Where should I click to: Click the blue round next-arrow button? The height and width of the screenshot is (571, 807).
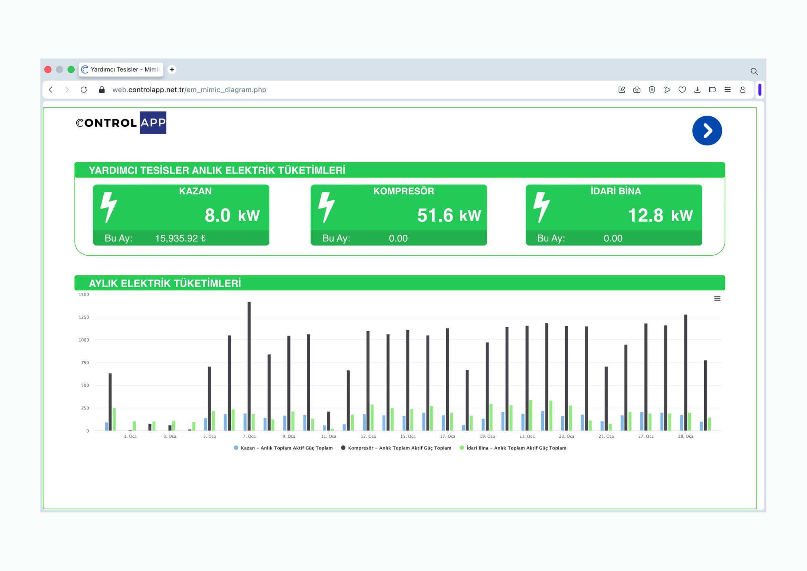pos(707,130)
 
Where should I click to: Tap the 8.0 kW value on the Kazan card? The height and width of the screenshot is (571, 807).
pos(232,215)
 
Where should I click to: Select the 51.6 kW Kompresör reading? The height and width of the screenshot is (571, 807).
pos(449,215)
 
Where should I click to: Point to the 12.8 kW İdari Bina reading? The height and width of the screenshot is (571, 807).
pos(660,215)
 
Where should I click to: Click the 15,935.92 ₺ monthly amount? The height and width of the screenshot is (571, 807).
pos(180,238)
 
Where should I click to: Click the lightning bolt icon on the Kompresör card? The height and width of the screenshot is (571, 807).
pos(326,207)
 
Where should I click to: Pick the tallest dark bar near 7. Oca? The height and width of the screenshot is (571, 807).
pos(249,366)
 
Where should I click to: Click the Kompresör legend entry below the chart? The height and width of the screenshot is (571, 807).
pos(396,448)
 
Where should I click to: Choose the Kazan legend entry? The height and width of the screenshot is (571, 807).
pos(283,448)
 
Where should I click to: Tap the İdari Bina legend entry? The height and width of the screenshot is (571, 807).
pos(513,448)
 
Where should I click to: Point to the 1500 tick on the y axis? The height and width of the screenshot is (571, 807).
pos(84,294)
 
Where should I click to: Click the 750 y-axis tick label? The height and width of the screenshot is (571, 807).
pos(85,363)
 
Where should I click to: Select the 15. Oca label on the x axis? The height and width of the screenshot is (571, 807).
pos(408,436)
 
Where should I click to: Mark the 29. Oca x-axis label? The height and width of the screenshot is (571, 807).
pos(686,436)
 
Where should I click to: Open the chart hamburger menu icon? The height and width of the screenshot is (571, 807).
pos(717,298)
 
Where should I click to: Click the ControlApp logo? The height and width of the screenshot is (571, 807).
pos(121,123)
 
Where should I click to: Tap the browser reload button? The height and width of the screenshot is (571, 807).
pos(84,90)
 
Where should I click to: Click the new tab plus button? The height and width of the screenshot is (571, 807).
pos(172,69)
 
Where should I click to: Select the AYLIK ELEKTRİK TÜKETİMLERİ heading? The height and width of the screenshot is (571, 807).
pos(165,283)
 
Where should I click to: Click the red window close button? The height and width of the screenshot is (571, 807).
pos(48,69)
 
